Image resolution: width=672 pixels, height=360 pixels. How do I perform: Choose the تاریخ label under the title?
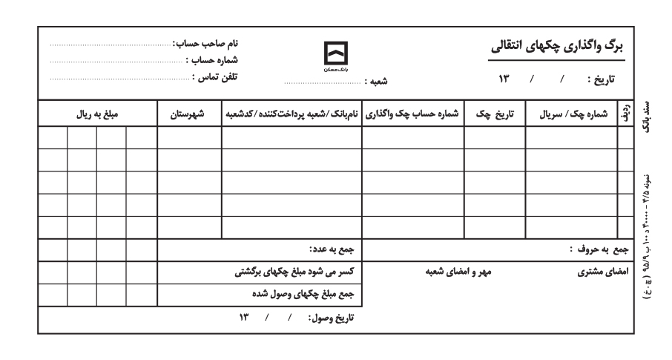click(603, 77)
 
